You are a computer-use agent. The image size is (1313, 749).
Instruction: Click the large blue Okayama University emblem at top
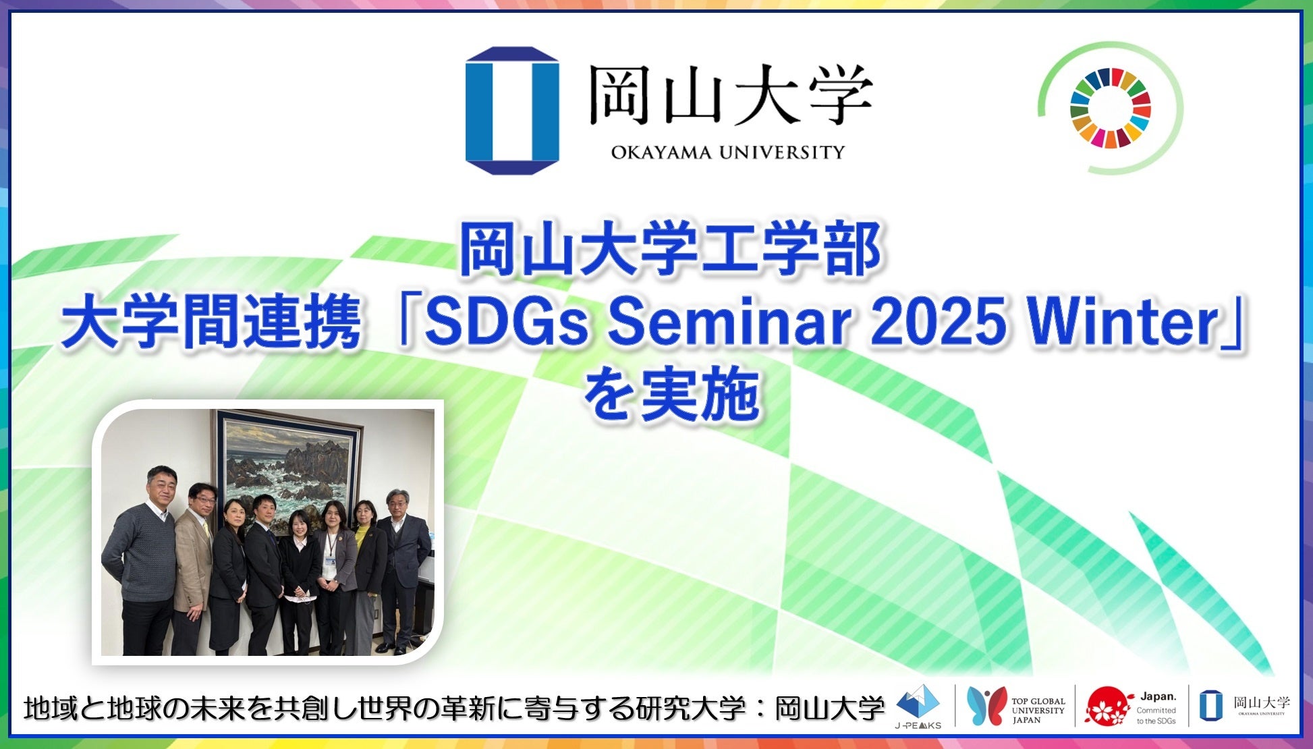[512, 111]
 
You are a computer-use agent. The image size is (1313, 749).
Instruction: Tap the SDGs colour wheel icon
[1110, 108]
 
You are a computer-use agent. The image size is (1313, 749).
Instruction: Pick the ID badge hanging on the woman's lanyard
[330, 561]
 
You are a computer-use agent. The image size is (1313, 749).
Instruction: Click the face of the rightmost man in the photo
[397, 504]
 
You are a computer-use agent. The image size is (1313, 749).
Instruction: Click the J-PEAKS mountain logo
[918, 706]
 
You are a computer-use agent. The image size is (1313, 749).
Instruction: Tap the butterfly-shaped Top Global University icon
[986, 706]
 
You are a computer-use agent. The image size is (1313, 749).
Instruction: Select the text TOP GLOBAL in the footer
[1038, 701]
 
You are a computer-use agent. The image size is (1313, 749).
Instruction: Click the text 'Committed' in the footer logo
[1156, 710]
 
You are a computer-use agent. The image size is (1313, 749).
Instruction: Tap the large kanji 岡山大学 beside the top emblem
[730, 95]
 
